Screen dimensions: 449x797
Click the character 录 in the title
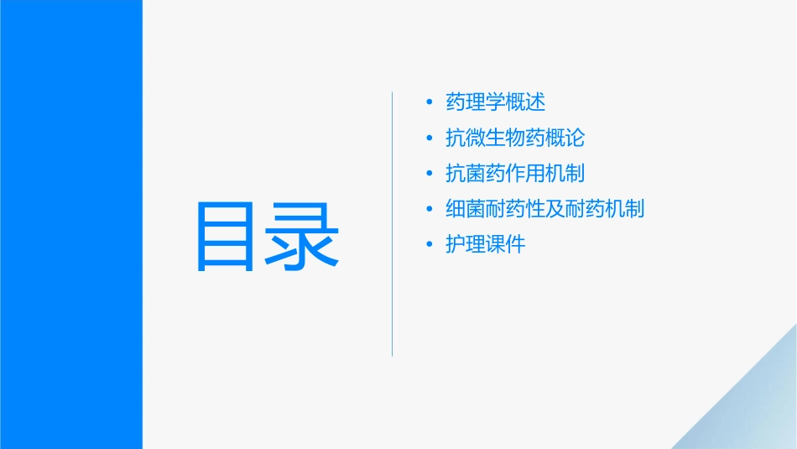pyautogui.click(x=303, y=236)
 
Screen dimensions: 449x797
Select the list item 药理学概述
pyautogui.click(x=496, y=102)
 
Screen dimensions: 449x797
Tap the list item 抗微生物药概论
pyautogui.click(x=515, y=138)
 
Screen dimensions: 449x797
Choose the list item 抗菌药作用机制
pyautogui.click(x=515, y=174)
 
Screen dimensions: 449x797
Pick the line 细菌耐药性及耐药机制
pyautogui.click(x=545, y=209)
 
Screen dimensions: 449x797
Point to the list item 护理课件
pyautogui.click(x=486, y=245)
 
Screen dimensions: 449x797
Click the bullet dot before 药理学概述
pyautogui.click(x=430, y=103)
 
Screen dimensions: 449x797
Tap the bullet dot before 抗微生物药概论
pyautogui.click(x=430, y=138)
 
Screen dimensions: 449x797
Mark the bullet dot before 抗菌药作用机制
pyautogui.click(x=430, y=175)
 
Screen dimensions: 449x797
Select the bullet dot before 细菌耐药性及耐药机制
pyautogui.click(x=430, y=210)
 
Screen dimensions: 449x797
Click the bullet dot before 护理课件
pyautogui.click(x=430, y=246)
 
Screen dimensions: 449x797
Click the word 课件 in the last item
pyautogui.click(x=506, y=245)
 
